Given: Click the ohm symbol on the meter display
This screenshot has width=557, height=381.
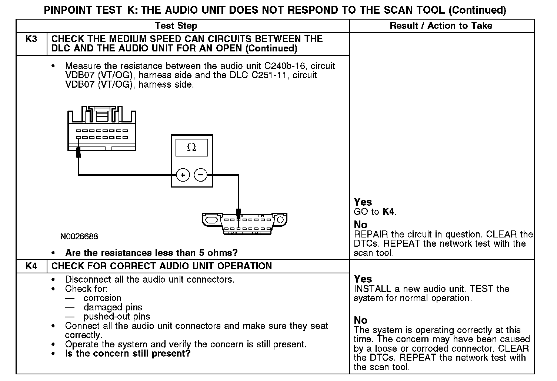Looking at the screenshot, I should pyautogui.click(x=191, y=147).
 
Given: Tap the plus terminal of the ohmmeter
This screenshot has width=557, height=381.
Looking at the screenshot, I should pyautogui.click(x=183, y=175).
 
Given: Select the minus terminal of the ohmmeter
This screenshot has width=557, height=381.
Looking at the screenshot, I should pyautogui.click(x=201, y=175).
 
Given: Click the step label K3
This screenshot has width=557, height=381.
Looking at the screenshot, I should pyautogui.click(x=31, y=39).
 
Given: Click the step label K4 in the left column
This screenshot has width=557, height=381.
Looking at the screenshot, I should pyautogui.click(x=31, y=266).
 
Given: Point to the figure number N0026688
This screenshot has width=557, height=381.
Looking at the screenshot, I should pyautogui.click(x=80, y=236).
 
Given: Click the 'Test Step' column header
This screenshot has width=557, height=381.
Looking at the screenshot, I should pyautogui.click(x=176, y=26).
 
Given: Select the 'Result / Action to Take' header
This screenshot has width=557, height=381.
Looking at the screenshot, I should pyautogui.click(x=441, y=26).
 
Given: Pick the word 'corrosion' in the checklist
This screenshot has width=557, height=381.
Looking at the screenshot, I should pyautogui.click(x=102, y=298).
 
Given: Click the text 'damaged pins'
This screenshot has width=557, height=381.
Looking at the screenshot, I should pyautogui.click(x=113, y=307).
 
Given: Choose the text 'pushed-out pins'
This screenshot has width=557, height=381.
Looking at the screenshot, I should pyautogui.click(x=117, y=317).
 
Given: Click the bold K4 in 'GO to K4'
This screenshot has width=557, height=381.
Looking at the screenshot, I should pyautogui.click(x=388, y=212).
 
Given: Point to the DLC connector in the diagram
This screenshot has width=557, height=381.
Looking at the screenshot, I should pyautogui.click(x=244, y=223).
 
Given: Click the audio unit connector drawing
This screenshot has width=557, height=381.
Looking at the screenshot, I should pyautogui.click(x=101, y=129).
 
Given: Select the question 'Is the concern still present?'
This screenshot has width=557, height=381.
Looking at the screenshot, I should pyautogui.click(x=128, y=354).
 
